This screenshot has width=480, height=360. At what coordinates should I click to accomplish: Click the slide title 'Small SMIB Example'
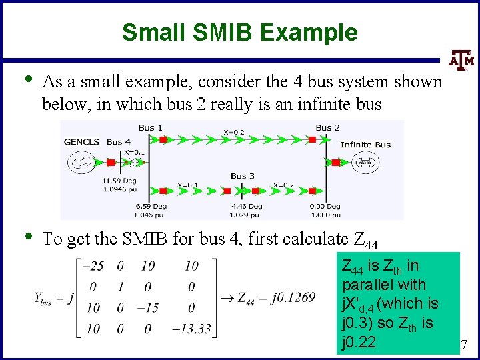[239, 32]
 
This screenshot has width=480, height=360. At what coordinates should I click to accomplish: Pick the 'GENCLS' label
[81, 141]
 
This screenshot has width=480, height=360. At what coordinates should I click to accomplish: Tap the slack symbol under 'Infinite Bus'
[365, 162]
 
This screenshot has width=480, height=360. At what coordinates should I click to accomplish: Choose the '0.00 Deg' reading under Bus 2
[325, 207]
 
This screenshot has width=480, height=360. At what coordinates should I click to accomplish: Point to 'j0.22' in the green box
[359, 343]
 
